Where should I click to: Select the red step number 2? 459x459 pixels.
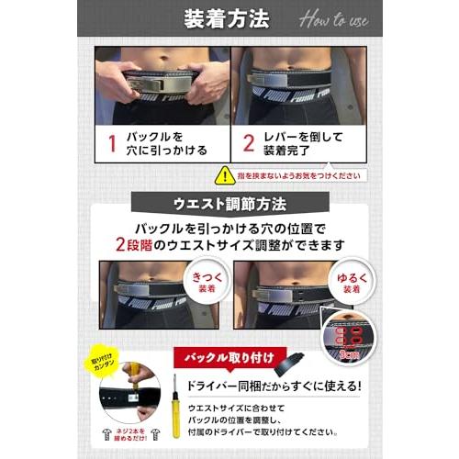(247, 144)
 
